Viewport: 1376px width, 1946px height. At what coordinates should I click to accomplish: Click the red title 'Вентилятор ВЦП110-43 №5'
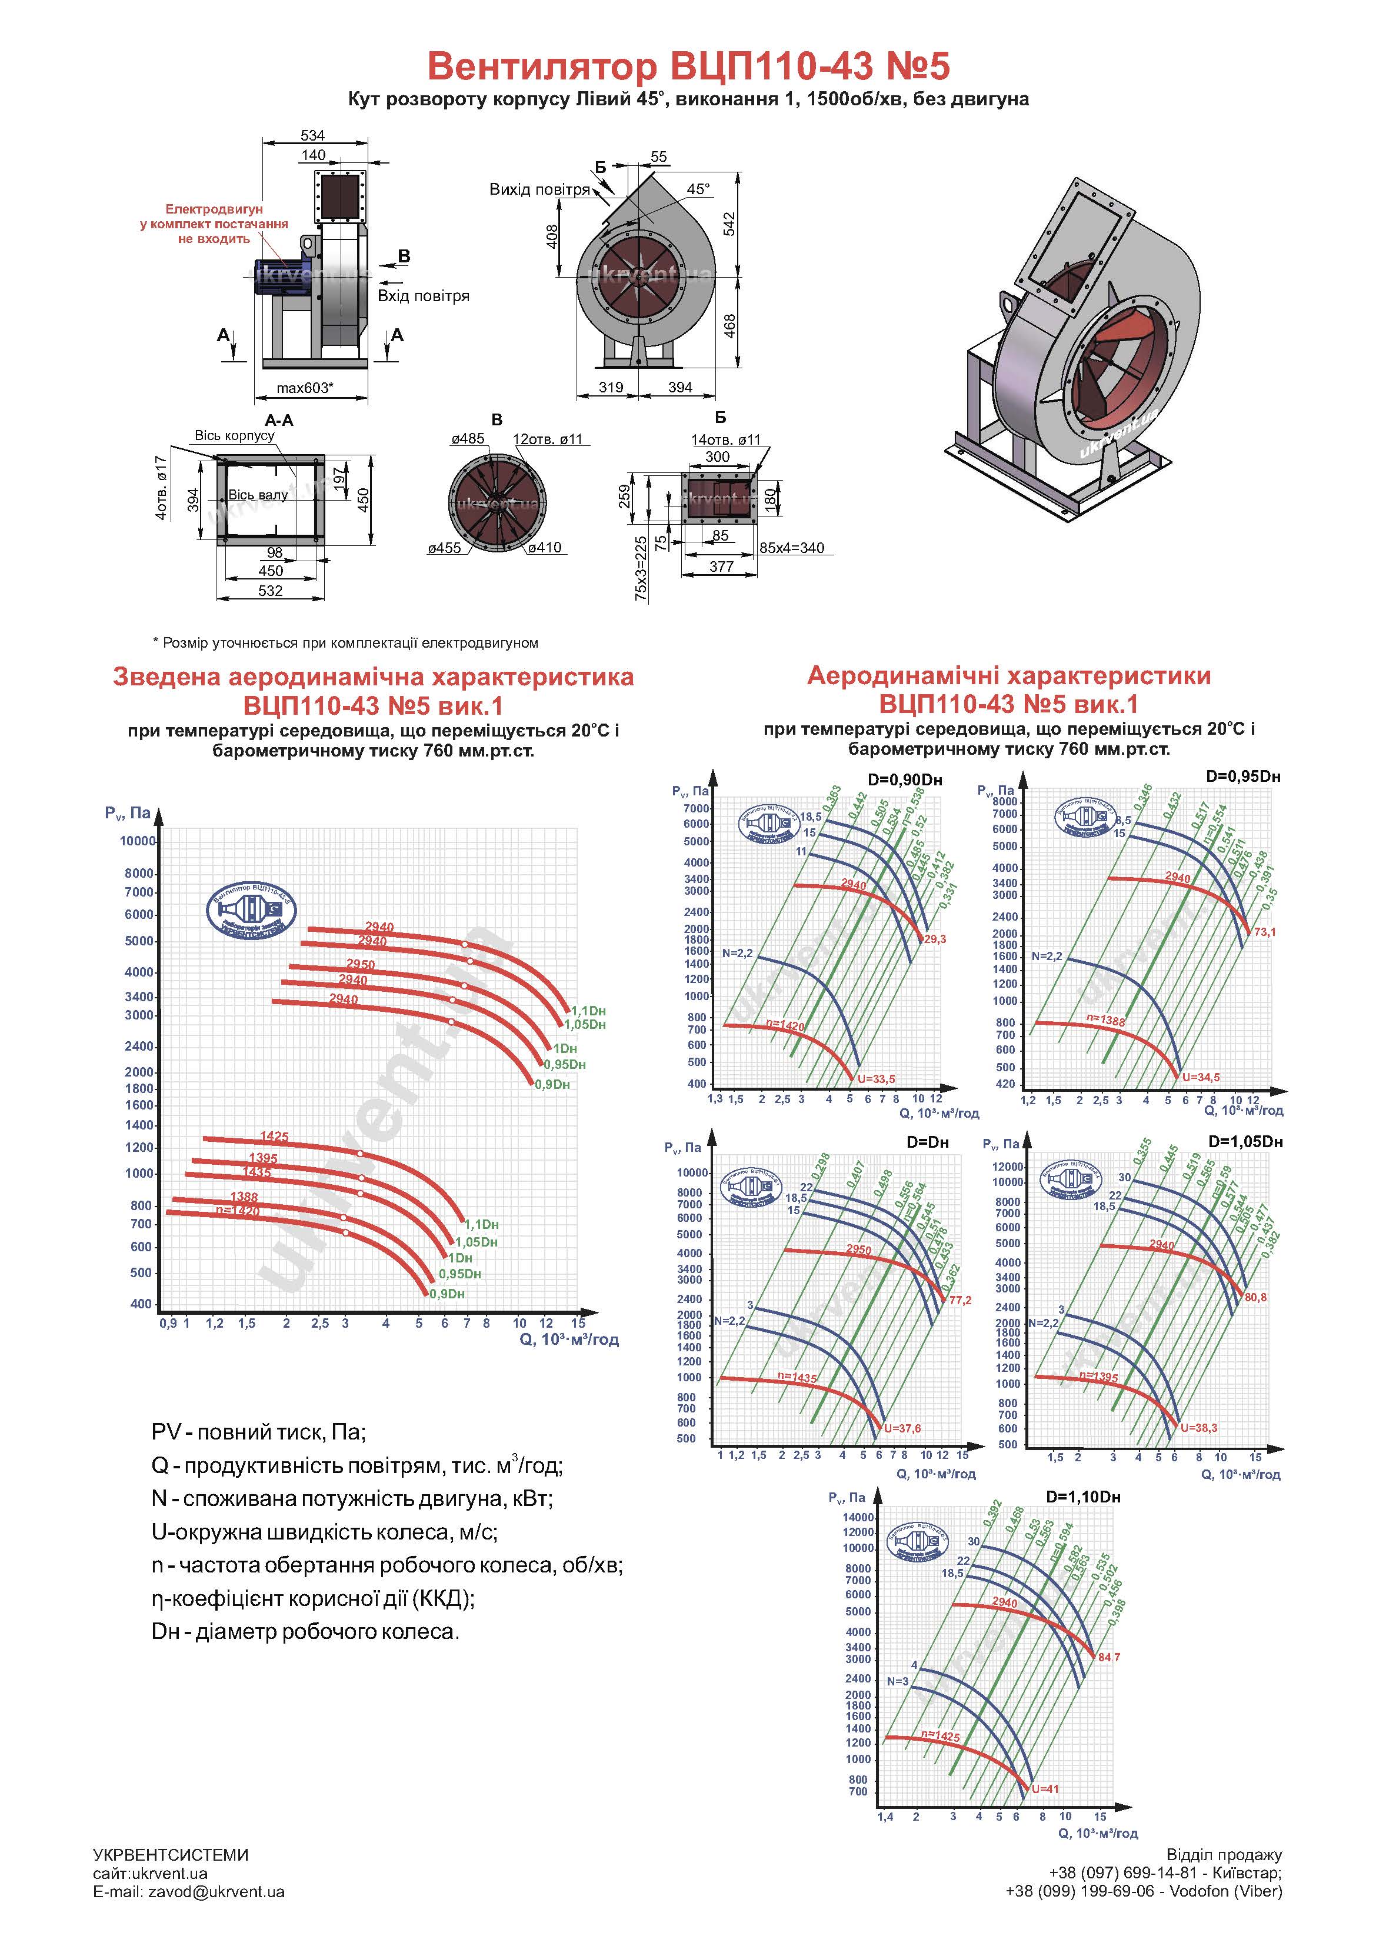pos(688,65)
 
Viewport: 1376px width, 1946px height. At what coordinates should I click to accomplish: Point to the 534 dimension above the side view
pos(313,136)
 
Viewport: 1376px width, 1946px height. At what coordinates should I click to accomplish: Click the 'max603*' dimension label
pos(305,388)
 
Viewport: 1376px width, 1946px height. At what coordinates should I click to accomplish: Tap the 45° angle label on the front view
pos(698,189)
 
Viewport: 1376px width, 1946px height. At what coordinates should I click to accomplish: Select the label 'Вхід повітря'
pos(423,296)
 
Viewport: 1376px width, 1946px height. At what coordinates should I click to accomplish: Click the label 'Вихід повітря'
pos(539,189)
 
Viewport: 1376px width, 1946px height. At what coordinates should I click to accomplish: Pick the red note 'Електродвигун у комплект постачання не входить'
pos(215,224)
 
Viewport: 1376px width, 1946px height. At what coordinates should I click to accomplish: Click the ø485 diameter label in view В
pos(468,439)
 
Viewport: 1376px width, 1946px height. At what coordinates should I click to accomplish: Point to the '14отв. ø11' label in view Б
pos(726,440)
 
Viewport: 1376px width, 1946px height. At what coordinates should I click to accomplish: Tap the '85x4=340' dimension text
pos(791,548)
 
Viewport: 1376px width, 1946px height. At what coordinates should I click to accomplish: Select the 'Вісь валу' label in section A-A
pos(258,495)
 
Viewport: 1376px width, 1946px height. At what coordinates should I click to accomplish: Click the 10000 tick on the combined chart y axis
pos(137,841)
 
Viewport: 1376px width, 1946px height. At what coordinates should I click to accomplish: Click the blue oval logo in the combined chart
pos(249,908)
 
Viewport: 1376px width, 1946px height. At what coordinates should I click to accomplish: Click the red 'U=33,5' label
pos(876,1079)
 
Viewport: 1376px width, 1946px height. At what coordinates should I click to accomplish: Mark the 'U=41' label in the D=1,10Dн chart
pos(1045,1788)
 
